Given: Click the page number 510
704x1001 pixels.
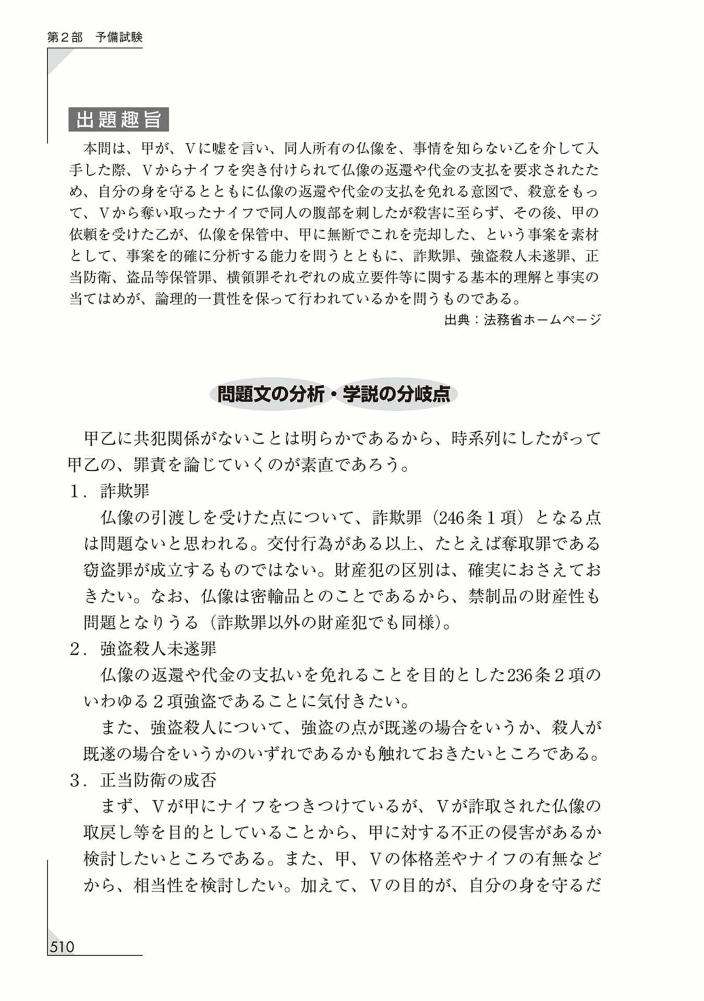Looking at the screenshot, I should tap(62, 946).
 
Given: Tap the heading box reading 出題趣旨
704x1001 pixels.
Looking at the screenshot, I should tap(118, 119).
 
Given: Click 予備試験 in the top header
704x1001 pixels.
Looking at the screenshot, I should tap(119, 37).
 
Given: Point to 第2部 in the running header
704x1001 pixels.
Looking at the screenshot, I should tap(65, 37).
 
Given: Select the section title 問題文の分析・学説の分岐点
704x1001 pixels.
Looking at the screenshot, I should tap(333, 394).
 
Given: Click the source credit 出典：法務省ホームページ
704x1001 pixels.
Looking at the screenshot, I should tap(522, 320).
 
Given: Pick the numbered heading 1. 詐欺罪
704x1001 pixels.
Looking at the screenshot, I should tap(110, 491).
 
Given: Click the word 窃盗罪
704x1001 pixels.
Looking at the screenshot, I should tap(108, 570).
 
